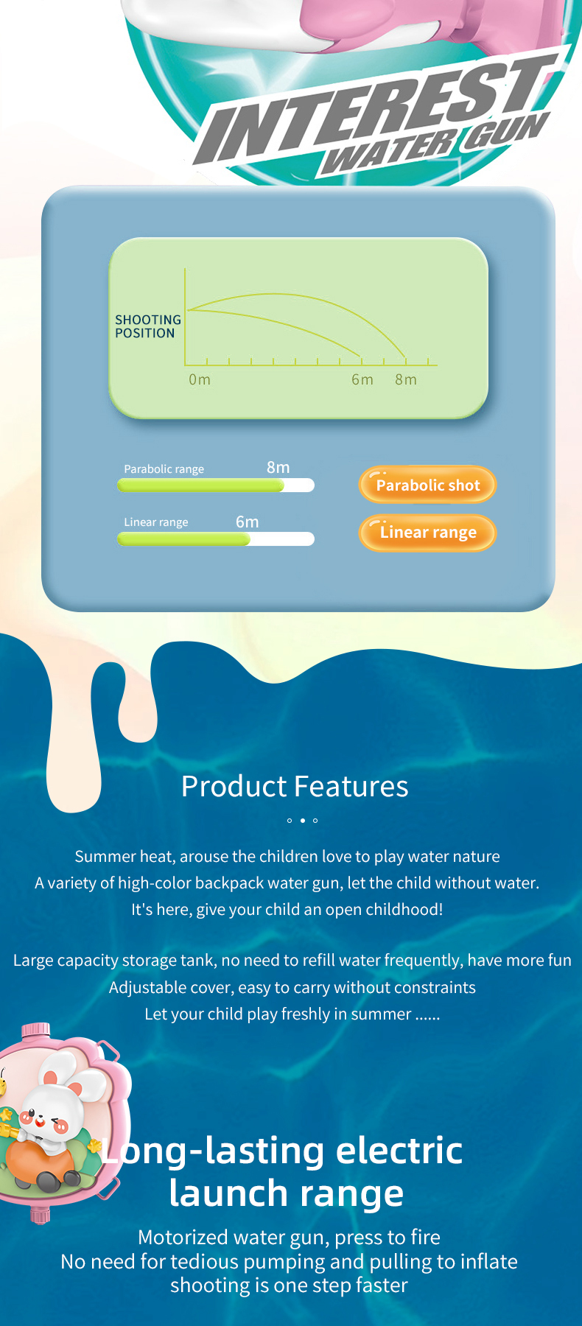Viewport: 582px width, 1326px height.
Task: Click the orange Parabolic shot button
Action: pyautogui.click(x=427, y=485)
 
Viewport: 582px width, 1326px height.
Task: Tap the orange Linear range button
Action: pyautogui.click(x=427, y=533)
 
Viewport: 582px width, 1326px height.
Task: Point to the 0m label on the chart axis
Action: pyautogui.click(x=200, y=379)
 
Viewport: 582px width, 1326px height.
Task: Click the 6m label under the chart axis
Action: pyautogui.click(x=362, y=379)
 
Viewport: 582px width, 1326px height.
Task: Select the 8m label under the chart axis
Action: pyautogui.click(x=406, y=379)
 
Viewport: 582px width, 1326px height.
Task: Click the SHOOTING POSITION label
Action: pyautogui.click(x=148, y=326)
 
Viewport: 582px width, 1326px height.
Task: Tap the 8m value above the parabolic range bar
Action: pyautogui.click(x=278, y=468)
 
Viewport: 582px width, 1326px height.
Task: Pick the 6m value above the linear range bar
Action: pyautogui.click(x=248, y=522)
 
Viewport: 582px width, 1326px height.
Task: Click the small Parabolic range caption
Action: pyautogui.click(x=164, y=469)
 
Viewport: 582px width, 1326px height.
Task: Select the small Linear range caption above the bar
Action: pyautogui.click(x=156, y=522)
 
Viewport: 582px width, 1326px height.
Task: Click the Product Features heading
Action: pyautogui.click(x=295, y=786)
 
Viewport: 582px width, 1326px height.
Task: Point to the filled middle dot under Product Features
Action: pyautogui.click(x=302, y=820)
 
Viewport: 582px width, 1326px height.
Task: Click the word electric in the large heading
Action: pyautogui.click(x=399, y=1150)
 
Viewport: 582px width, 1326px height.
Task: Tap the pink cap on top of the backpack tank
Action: pyautogui.click(x=35, y=1030)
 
